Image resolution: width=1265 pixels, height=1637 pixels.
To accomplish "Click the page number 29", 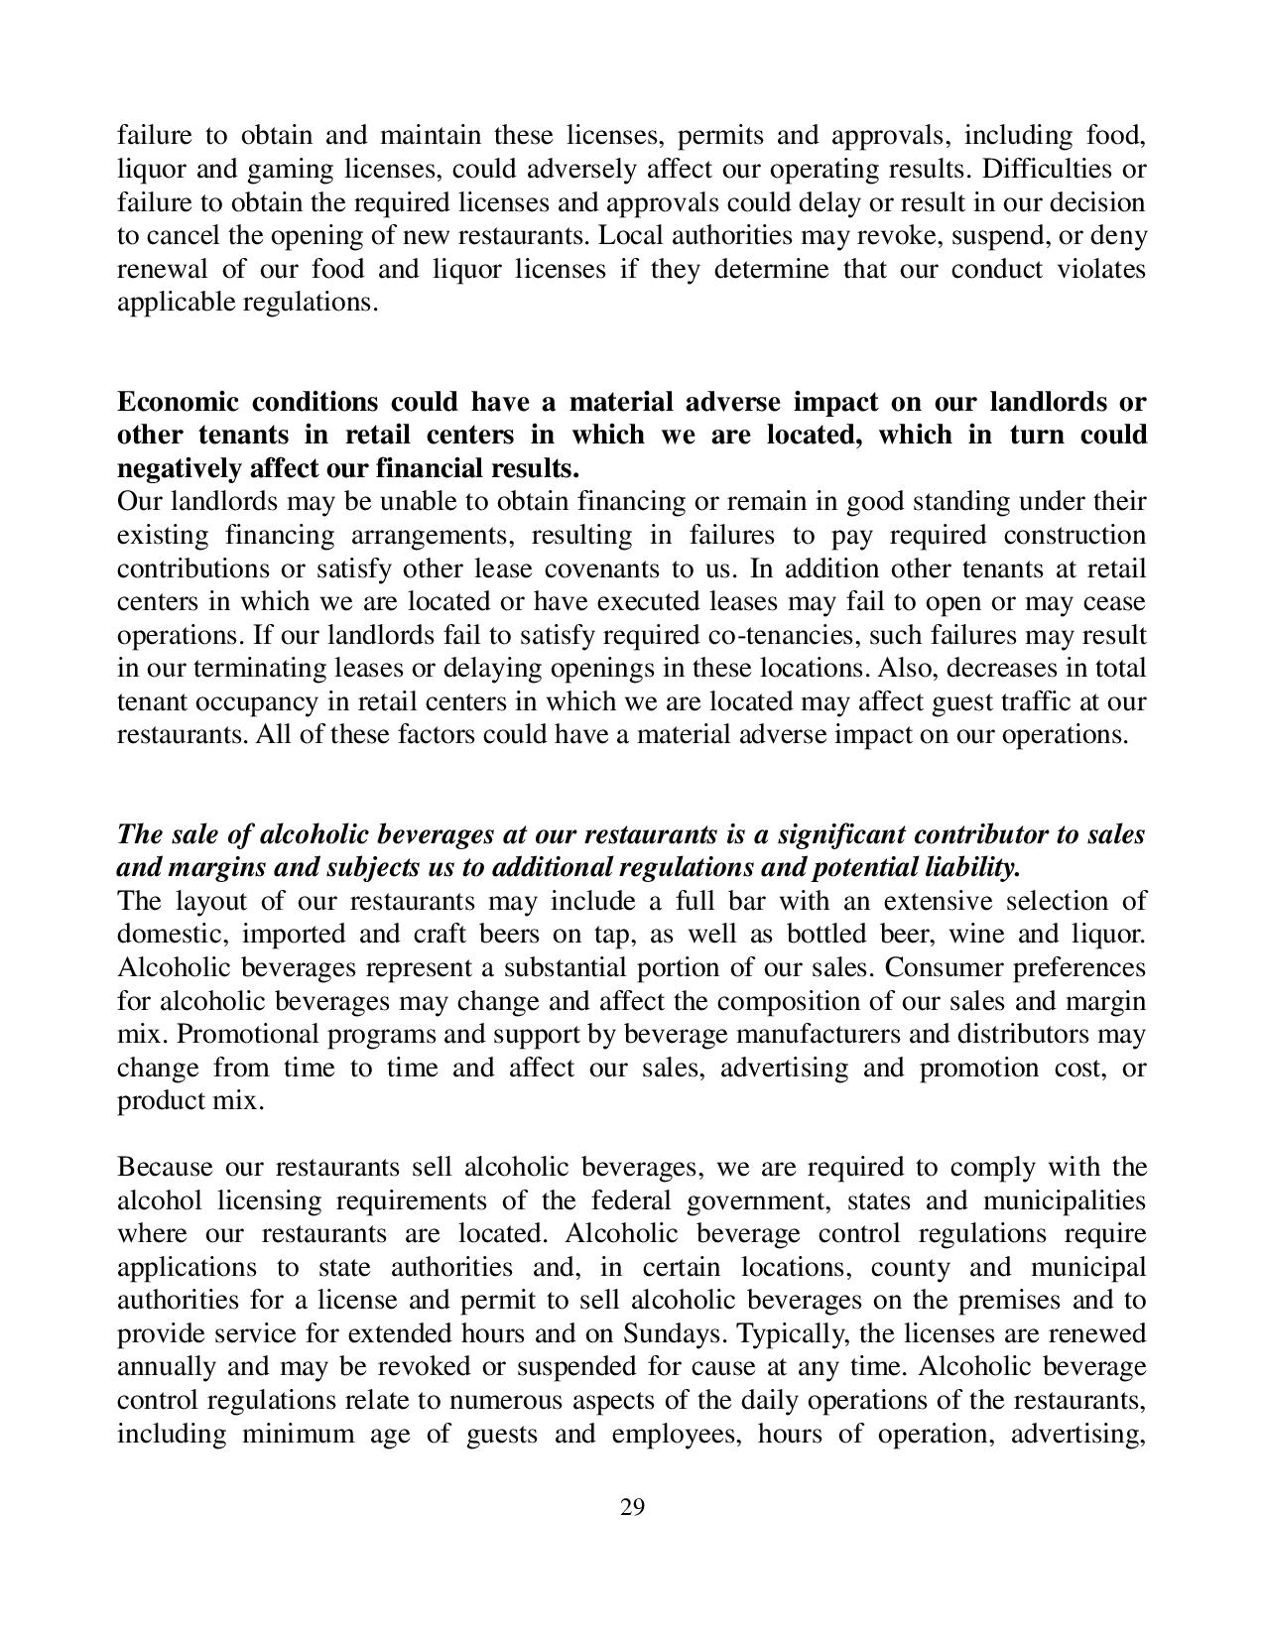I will coord(632,1508).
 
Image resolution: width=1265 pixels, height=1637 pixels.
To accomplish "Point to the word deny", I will coord(1119,236).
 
